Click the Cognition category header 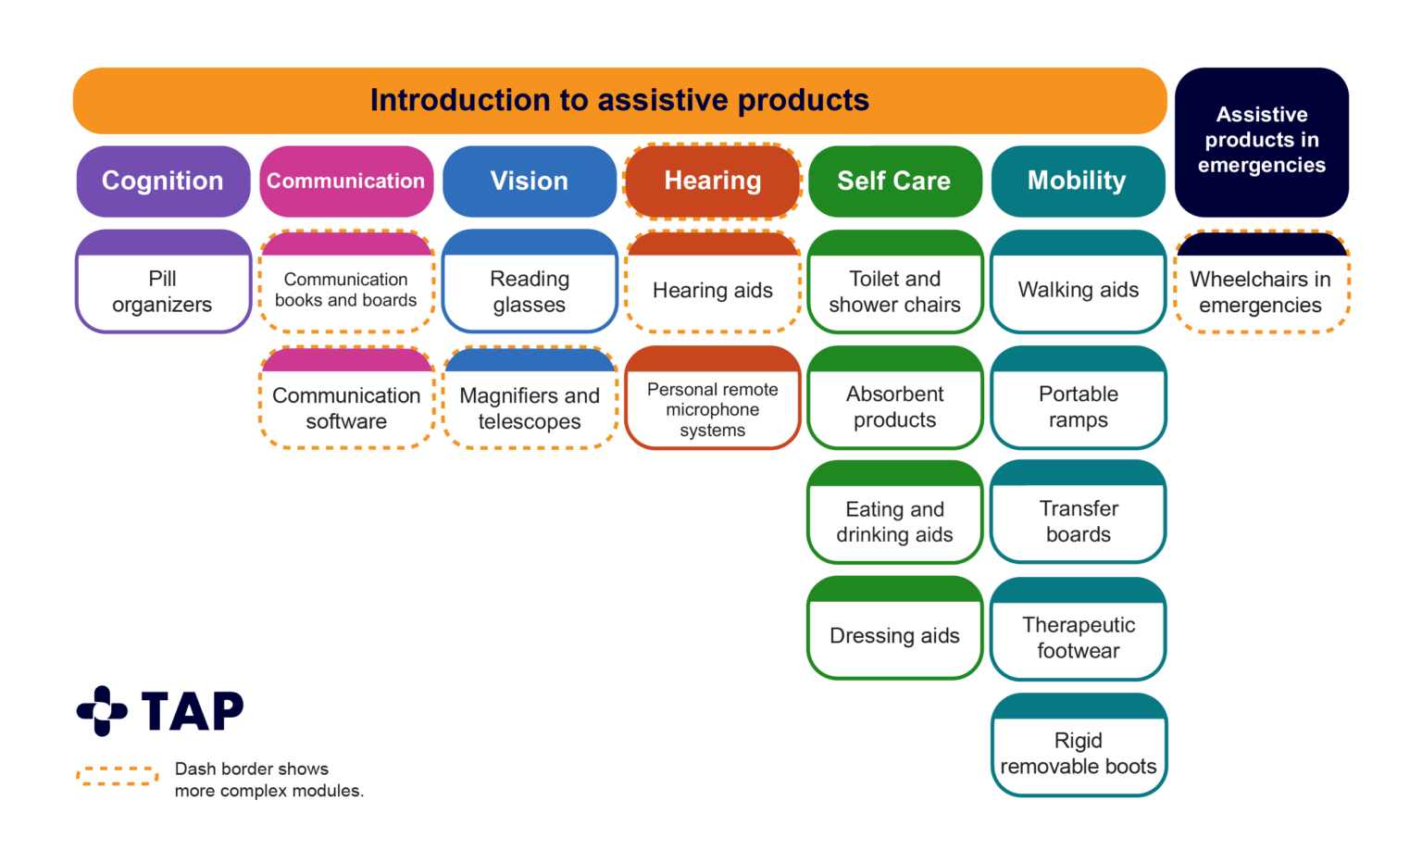163,181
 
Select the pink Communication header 346,181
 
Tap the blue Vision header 530,181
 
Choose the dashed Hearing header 712,181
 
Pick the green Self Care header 894,181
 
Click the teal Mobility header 1078,181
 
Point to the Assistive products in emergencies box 1261,141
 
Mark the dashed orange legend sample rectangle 118,776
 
